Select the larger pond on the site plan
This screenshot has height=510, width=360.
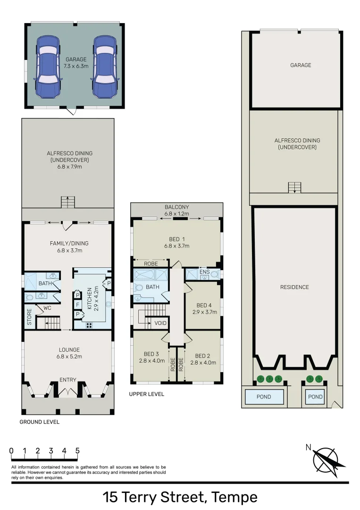pyautogui.click(x=264, y=397)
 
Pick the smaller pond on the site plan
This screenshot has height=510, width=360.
pyautogui.click(x=315, y=397)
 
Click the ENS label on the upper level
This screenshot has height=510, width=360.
pyautogui.click(x=204, y=272)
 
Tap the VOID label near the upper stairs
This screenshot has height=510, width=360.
pyautogui.click(x=160, y=323)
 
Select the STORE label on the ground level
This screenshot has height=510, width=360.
pyautogui.click(x=29, y=316)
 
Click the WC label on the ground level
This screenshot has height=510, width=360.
pyautogui.click(x=47, y=308)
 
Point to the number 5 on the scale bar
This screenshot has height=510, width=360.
pyautogui.click(x=77, y=450)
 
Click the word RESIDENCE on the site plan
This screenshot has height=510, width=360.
pyautogui.click(x=294, y=287)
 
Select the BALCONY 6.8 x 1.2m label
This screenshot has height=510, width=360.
pyautogui.click(x=176, y=210)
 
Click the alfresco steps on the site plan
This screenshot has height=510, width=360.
pyautogui.click(x=294, y=187)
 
